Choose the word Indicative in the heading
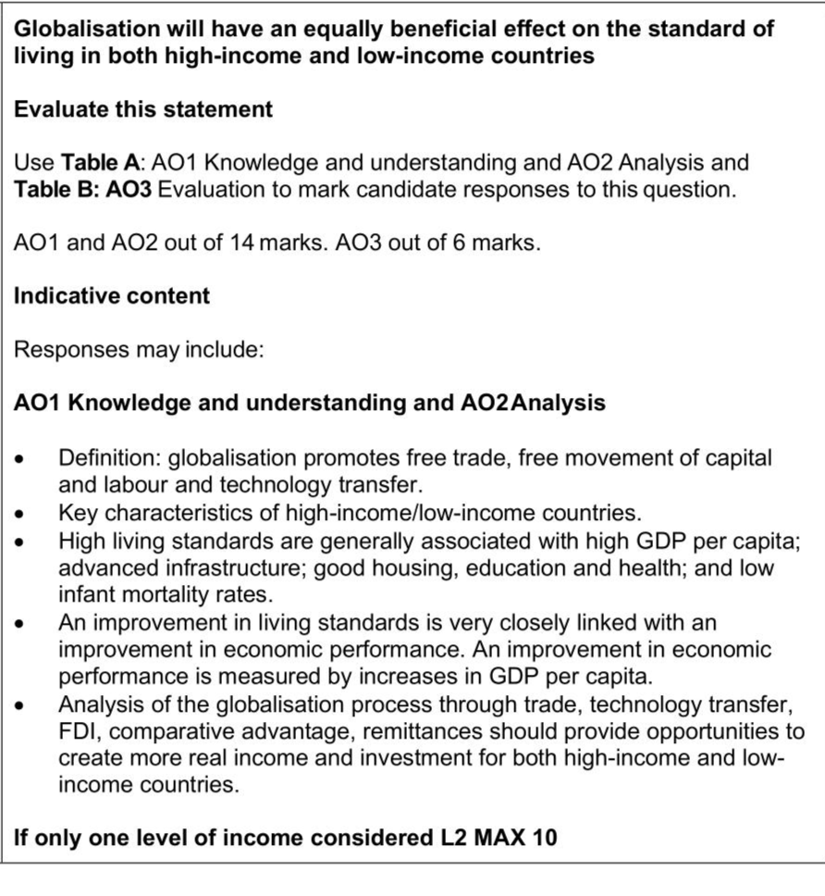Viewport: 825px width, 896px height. click(x=60, y=296)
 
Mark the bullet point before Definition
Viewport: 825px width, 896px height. click(x=29, y=457)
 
